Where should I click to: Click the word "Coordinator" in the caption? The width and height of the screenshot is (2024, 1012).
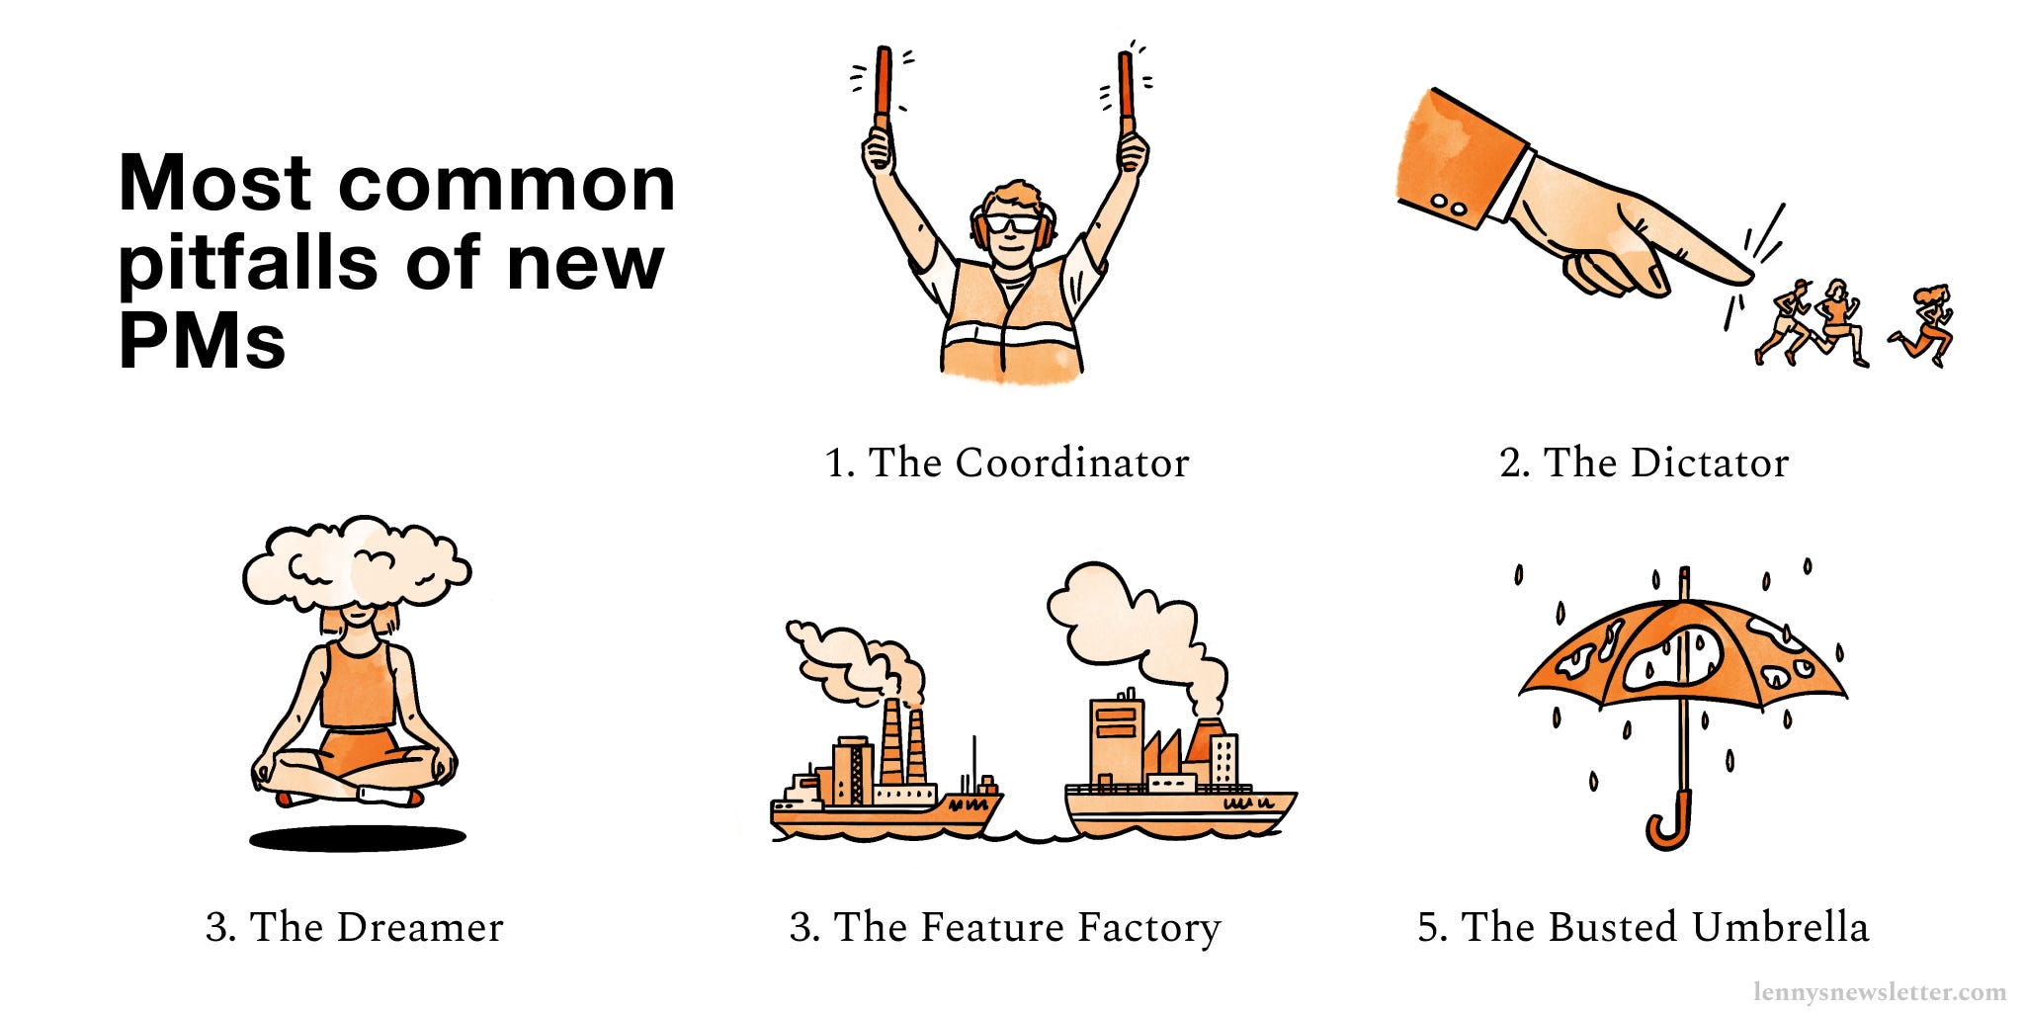pyautogui.click(x=1071, y=463)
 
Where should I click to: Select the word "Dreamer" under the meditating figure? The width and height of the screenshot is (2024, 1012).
pyautogui.click(x=419, y=927)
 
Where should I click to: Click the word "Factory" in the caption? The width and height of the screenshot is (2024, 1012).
pyautogui.click(x=1148, y=927)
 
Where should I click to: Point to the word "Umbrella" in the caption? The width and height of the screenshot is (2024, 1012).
pyautogui.click(x=1779, y=927)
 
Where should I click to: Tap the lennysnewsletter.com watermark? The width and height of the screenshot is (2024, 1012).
pyautogui.click(x=1879, y=991)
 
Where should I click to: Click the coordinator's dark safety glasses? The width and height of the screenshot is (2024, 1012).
pyautogui.click(x=1012, y=223)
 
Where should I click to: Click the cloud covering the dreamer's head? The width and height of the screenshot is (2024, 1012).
pyautogui.click(x=356, y=563)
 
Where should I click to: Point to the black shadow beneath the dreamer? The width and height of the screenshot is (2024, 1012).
pyautogui.click(x=357, y=839)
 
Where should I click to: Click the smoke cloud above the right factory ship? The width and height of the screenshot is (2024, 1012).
pyautogui.click(x=1137, y=618)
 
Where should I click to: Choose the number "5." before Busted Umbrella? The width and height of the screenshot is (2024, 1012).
pyautogui.click(x=1432, y=927)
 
